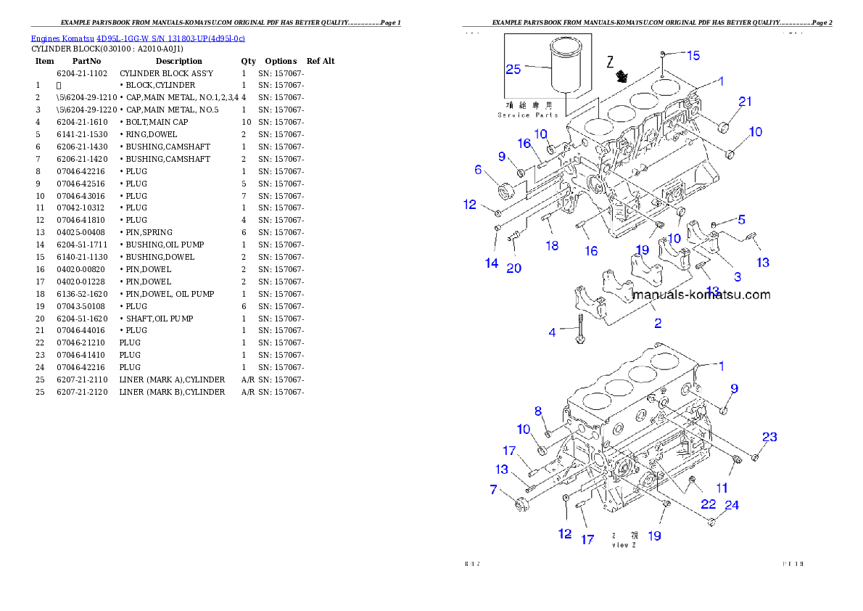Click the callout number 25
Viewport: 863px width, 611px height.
(x=513, y=70)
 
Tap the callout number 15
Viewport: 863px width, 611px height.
(x=693, y=55)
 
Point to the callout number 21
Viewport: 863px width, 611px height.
(x=746, y=102)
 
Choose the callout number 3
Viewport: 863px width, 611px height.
(x=738, y=276)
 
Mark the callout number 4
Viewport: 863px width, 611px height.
(x=553, y=332)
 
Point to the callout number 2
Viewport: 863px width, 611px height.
(x=658, y=324)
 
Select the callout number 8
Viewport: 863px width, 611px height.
(x=539, y=411)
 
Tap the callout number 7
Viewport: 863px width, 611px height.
(x=494, y=490)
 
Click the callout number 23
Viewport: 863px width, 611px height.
(x=769, y=437)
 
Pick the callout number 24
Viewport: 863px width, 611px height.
(x=732, y=505)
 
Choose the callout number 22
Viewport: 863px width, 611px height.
(x=709, y=504)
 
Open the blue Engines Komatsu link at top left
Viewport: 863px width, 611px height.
(x=138, y=38)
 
